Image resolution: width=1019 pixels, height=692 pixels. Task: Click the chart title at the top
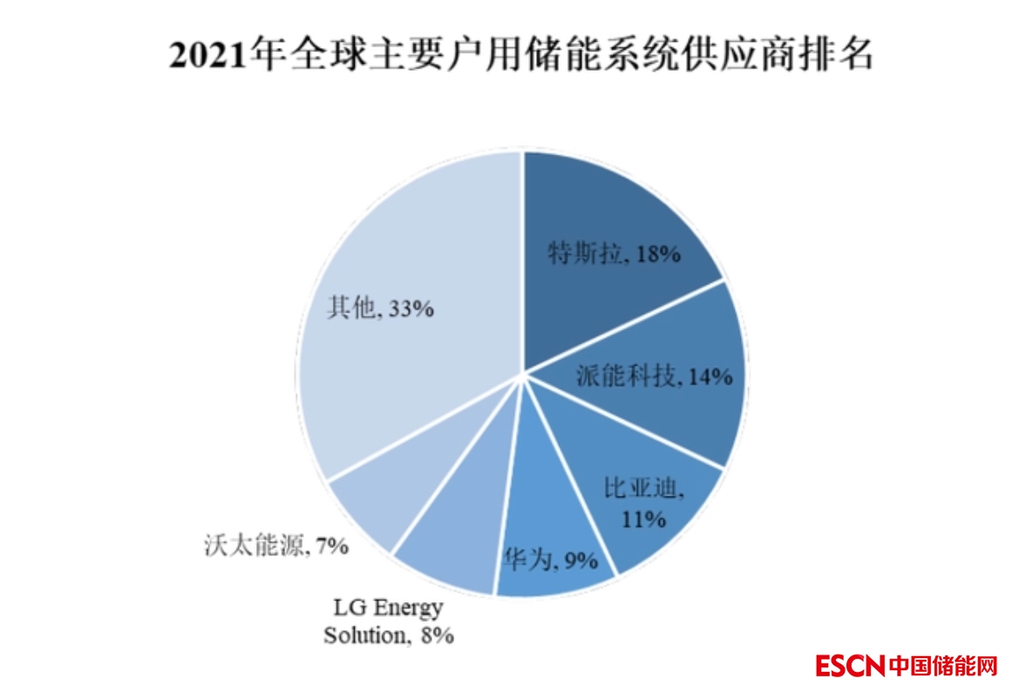(x=520, y=57)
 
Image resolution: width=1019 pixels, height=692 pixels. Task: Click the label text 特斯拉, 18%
(x=614, y=254)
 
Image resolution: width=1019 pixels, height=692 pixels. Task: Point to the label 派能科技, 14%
(x=654, y=376)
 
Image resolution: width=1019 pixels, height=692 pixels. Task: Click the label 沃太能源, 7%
(x=273, y=547)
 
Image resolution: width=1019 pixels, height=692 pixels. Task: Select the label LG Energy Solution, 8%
(x=389, y=621)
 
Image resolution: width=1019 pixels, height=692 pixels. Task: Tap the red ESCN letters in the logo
(x=851, y=666)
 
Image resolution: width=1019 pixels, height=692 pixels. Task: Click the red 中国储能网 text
(x=943, y=666)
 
